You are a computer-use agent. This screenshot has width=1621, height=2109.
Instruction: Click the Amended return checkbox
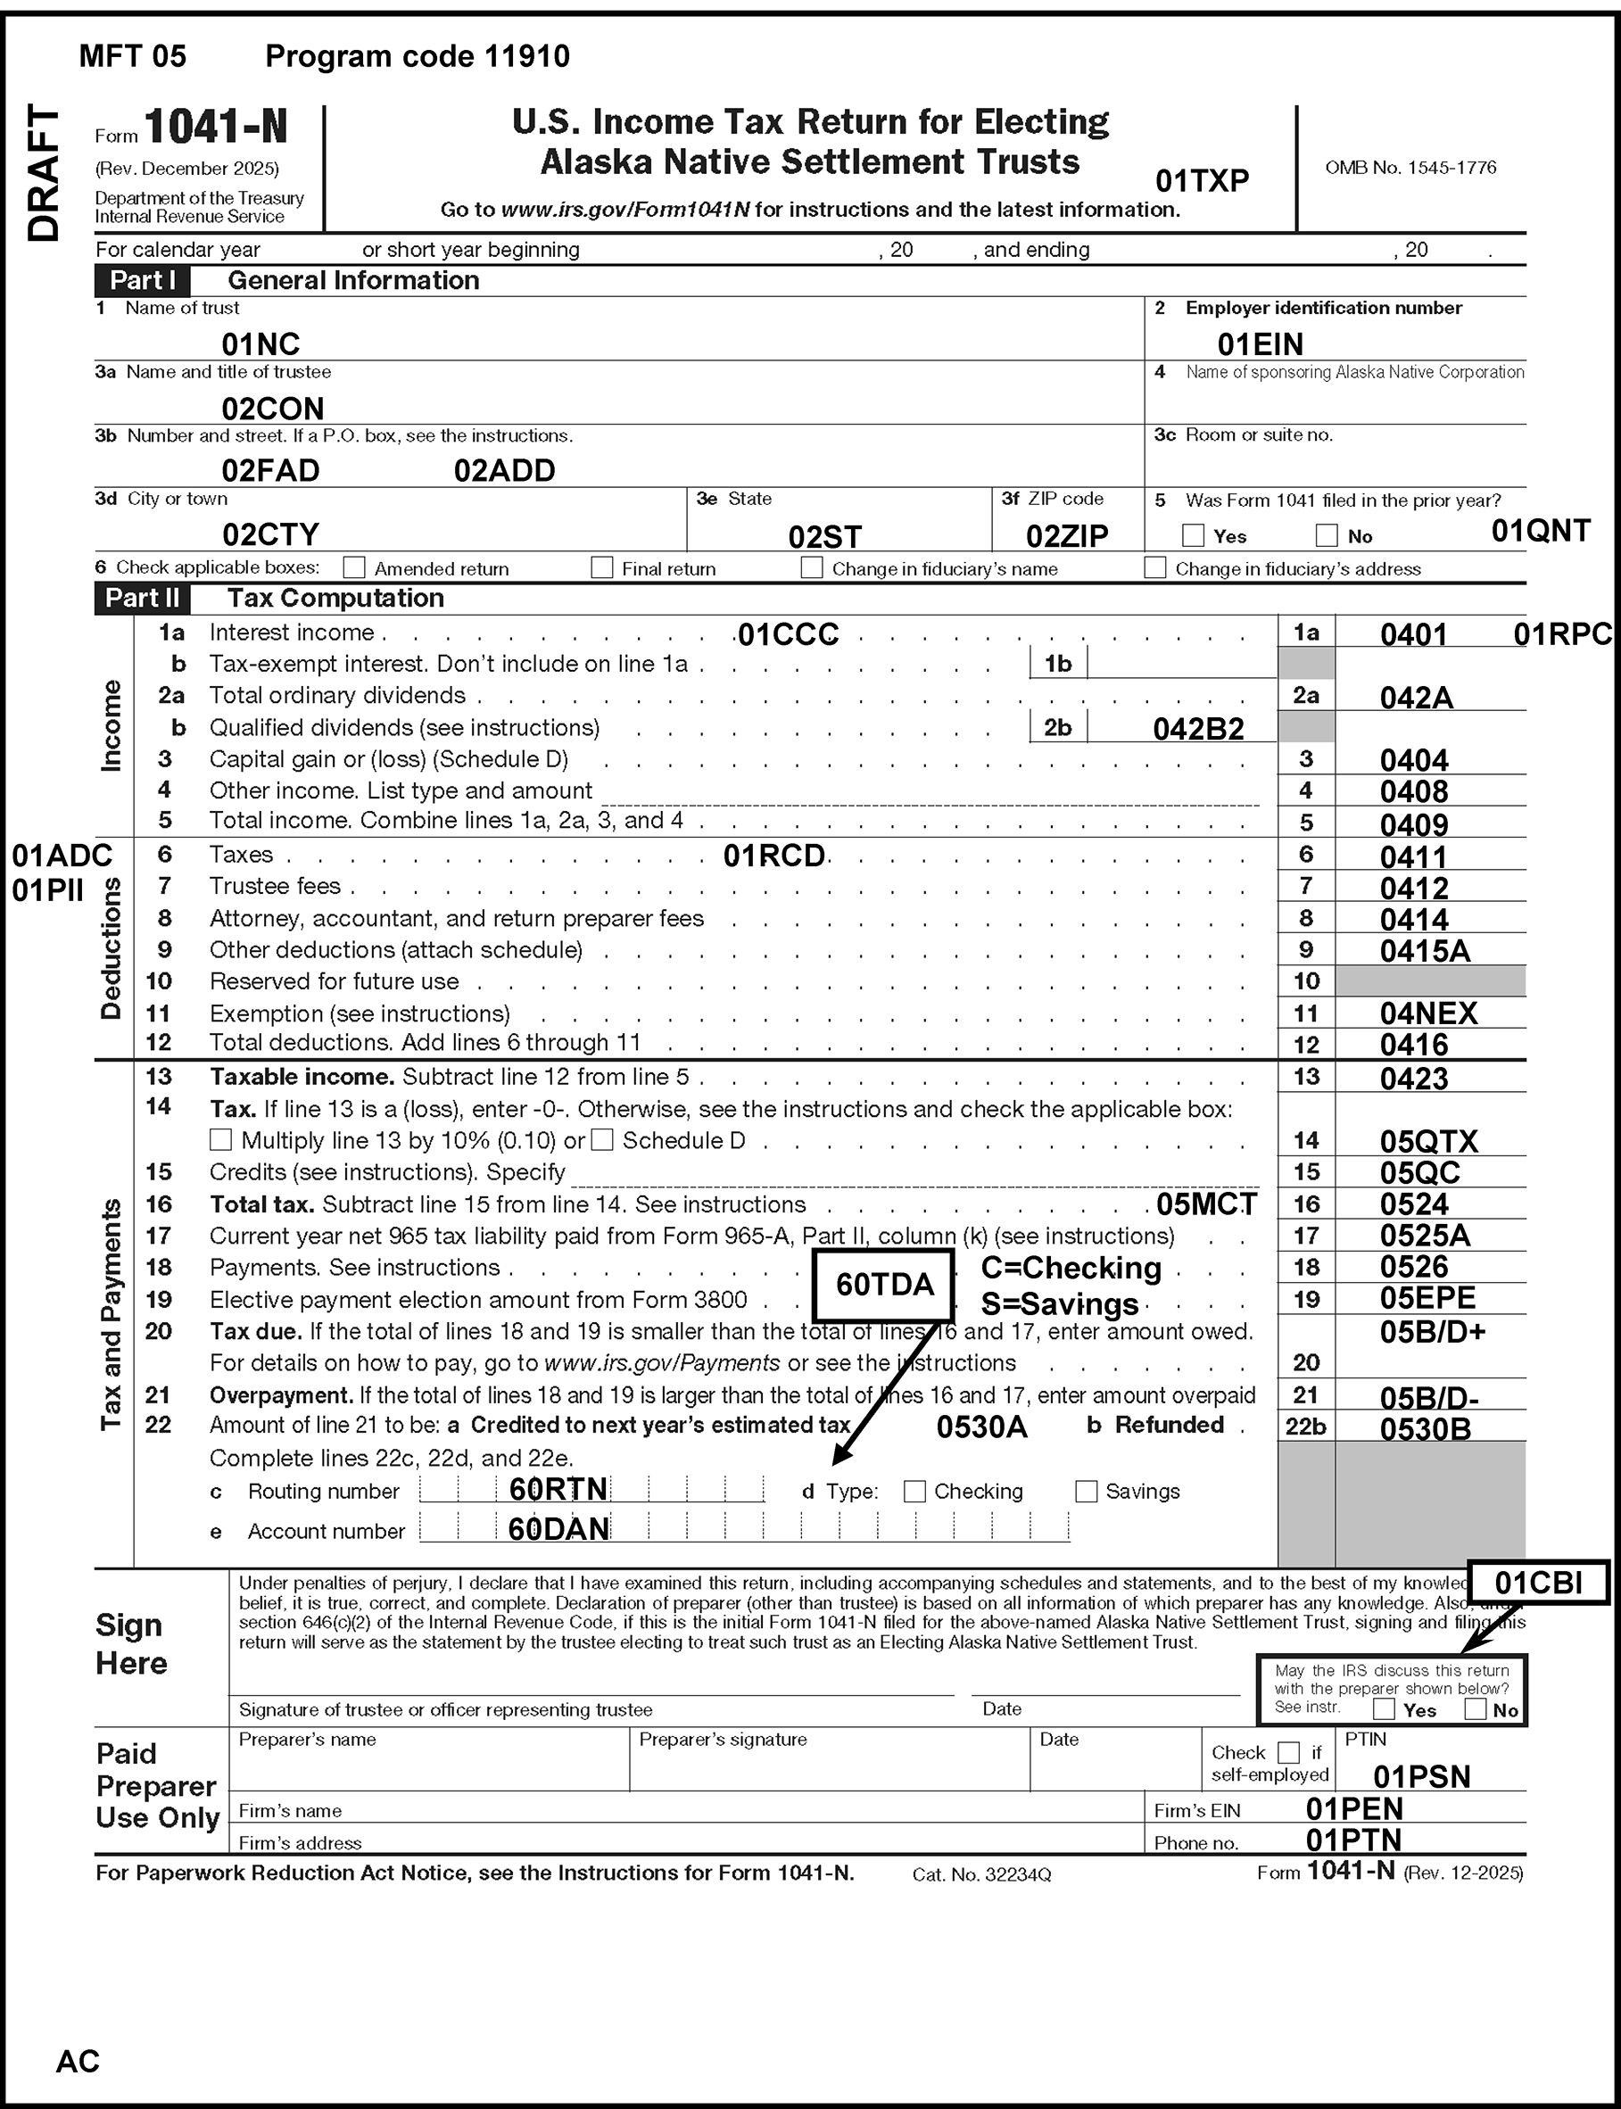[x=355, y=567]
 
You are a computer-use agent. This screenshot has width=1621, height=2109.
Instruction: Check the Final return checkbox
[x=602, y=567]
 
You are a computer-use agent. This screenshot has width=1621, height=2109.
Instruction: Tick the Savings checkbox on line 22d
[x=1087, y=1492]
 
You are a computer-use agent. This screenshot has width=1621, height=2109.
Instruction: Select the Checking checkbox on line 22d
[x=914, y=1492]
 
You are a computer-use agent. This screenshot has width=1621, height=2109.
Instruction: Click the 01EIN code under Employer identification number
[x=1261, y=344]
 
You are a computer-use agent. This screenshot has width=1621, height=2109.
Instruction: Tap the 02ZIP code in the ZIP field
[x=1067, y=535]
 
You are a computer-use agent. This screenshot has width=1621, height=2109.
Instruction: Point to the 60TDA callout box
[x=884, y=1284]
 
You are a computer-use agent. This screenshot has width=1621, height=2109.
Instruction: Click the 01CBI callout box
[x=1538, y=1583]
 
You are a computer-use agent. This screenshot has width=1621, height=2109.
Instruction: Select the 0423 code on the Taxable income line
[x=1413, y=1078]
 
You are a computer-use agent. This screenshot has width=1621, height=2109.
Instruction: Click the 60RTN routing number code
[x=558, y=1490]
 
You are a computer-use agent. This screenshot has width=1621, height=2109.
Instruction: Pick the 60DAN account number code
[x=558, y=1529]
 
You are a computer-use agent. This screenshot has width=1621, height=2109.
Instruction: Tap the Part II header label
[x=143, y=598]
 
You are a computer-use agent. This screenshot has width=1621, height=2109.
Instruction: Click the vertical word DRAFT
[x=45, y=174]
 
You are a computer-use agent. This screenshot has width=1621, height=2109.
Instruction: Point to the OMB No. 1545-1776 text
[x=1410, y=168]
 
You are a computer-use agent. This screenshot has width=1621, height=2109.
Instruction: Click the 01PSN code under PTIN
[x=1421, y=1777]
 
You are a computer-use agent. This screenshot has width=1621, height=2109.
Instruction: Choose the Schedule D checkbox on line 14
[x=602, y=1140]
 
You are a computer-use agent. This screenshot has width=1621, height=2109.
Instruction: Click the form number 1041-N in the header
[x=217, y=128]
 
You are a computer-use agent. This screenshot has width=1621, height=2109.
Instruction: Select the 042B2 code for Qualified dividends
[x=1198, y=728]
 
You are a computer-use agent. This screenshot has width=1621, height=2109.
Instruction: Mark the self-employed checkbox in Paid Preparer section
[x=1288, y=1752]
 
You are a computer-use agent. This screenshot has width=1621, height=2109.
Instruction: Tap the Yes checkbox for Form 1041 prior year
[x=1194, y=535]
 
